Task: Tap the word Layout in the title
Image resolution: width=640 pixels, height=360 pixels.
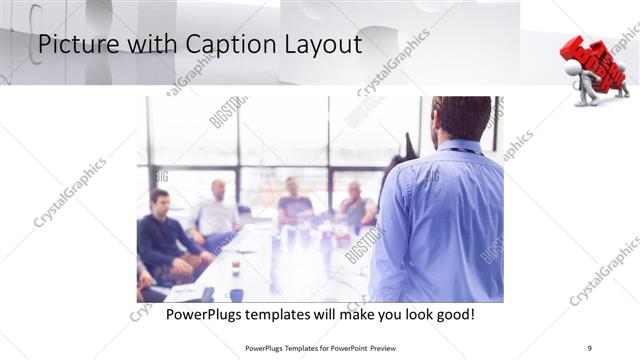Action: click(x=319, y=45)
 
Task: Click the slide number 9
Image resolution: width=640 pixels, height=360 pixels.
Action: click(x=590, y=347)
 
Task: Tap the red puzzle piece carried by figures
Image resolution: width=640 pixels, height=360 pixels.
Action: click(x=591, y=62)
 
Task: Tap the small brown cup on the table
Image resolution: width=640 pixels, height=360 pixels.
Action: click(x=235, y=268)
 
